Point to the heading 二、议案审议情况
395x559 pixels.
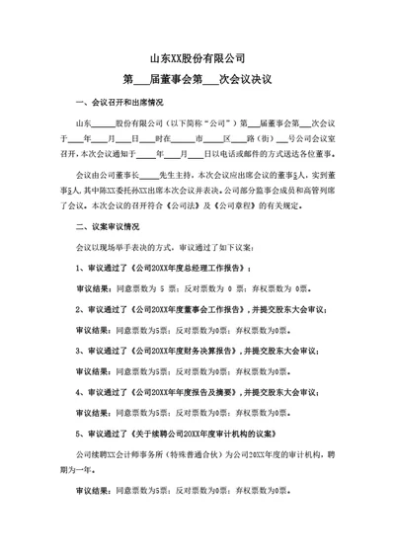coord(112,226)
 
